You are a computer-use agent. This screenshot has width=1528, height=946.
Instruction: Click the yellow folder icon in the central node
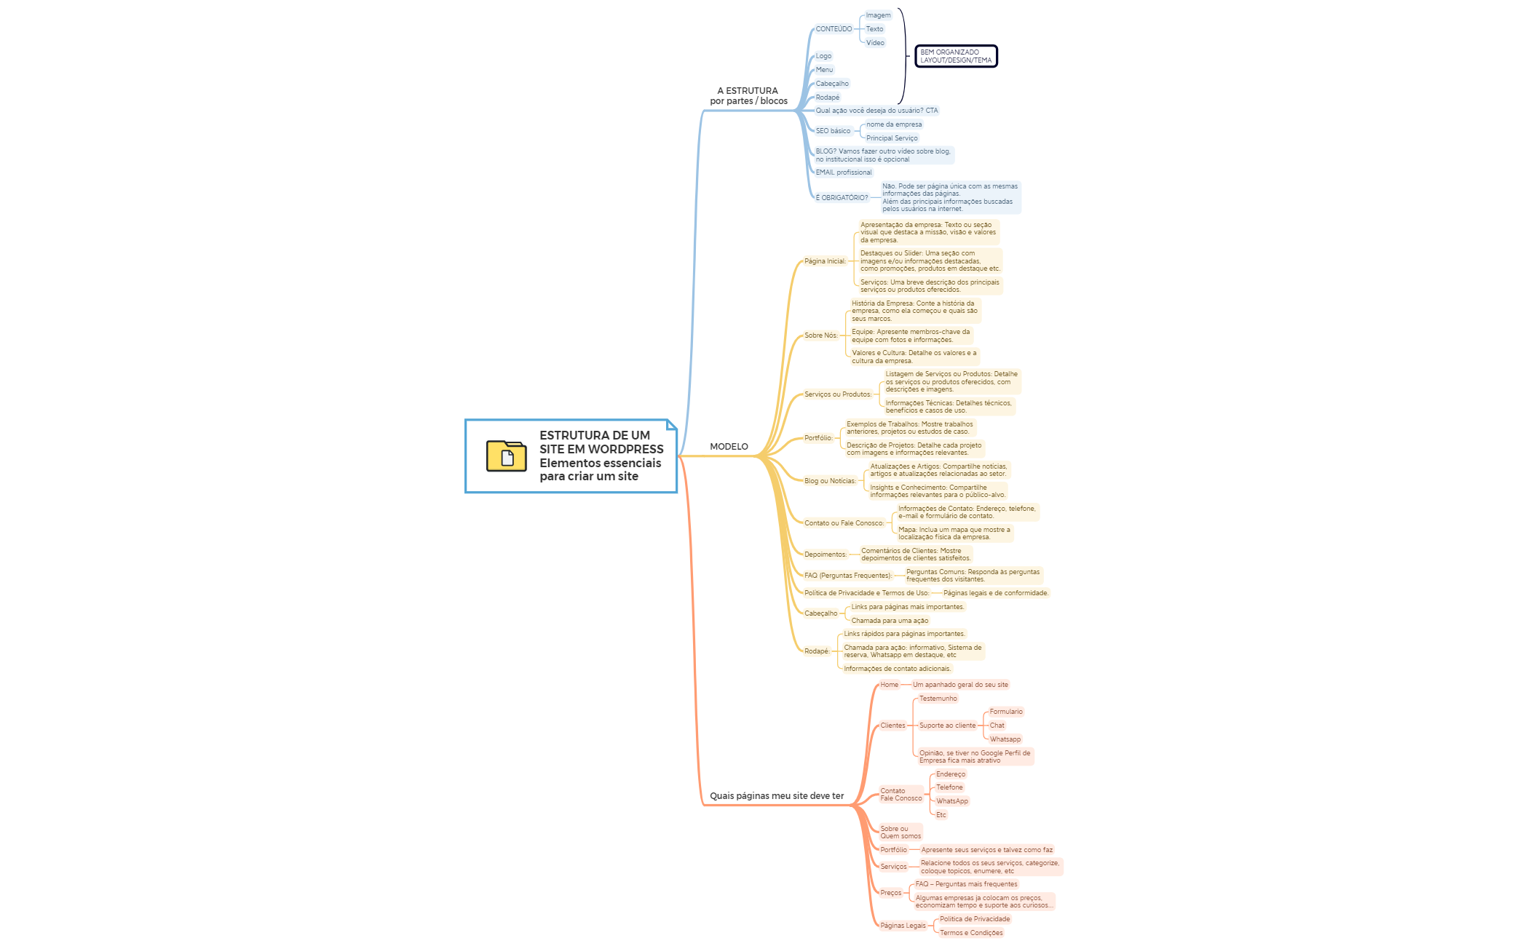click(506, 456)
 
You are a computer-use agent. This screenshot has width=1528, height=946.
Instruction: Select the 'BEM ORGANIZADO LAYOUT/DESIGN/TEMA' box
click(955, 56)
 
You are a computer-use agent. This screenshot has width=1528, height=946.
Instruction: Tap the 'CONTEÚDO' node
click(834, 29)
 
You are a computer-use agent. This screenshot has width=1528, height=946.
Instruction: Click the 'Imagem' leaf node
click(878, 15)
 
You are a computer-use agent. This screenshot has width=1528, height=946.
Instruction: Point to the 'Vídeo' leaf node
click(875, 43)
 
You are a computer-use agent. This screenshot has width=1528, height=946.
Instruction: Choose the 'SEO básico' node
click(833, 131)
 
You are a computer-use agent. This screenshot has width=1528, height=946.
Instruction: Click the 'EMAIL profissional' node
click(843, 172)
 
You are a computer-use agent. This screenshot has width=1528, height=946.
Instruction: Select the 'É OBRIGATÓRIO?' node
click(842, 198)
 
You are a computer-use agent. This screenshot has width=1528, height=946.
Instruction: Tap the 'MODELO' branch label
click(729, 447)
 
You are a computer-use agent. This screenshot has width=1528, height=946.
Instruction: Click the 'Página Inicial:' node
click(825, 261)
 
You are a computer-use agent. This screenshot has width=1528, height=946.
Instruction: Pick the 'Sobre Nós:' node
click(820, 335)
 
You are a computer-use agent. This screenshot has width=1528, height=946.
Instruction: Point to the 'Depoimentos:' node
click(826, 555)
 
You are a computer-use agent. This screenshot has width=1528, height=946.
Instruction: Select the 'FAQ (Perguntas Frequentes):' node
click(847, 576)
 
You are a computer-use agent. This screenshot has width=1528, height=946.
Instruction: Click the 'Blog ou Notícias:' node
click(830, 481)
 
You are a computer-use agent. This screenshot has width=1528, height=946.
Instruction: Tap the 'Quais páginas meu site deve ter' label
click(777, 796)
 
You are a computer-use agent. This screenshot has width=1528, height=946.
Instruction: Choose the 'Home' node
click(889, 685)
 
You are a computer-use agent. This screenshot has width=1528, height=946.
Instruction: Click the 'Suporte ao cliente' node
click(947, 726)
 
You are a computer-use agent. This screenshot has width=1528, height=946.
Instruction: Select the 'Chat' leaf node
click(997, 726)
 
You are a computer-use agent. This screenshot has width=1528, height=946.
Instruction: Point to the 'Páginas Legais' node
click(903, 926)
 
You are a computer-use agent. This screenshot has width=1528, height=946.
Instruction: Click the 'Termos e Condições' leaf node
click(971, 933)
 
